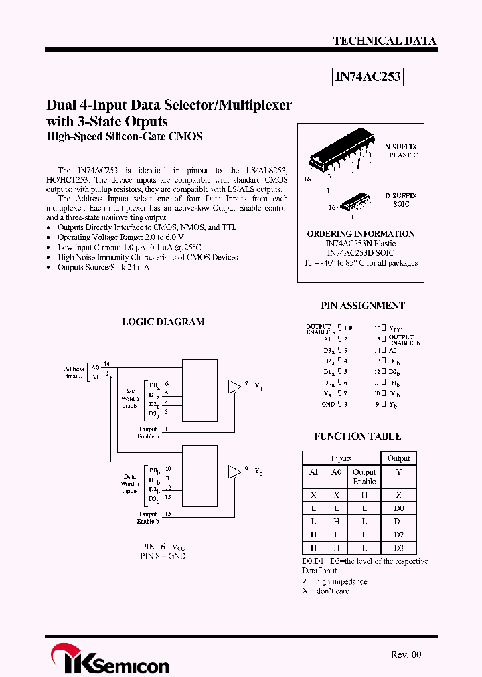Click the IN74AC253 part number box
click(368, 76)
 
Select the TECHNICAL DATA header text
click(385, 41)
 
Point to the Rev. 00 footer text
click(406, 654)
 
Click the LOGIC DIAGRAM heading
click(163, 322)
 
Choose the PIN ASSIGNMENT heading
click(363, 306)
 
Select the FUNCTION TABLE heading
click(357, 436)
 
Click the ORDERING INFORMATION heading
click(360, 234)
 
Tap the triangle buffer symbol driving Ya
click(234, 387)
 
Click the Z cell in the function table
click(399, 495)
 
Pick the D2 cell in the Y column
click(399, 535)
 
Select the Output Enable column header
click(364, 477)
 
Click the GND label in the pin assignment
click(328, 404)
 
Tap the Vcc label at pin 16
click(396, 329)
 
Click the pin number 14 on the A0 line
click(107, 363)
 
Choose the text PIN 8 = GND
click(163, 556)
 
